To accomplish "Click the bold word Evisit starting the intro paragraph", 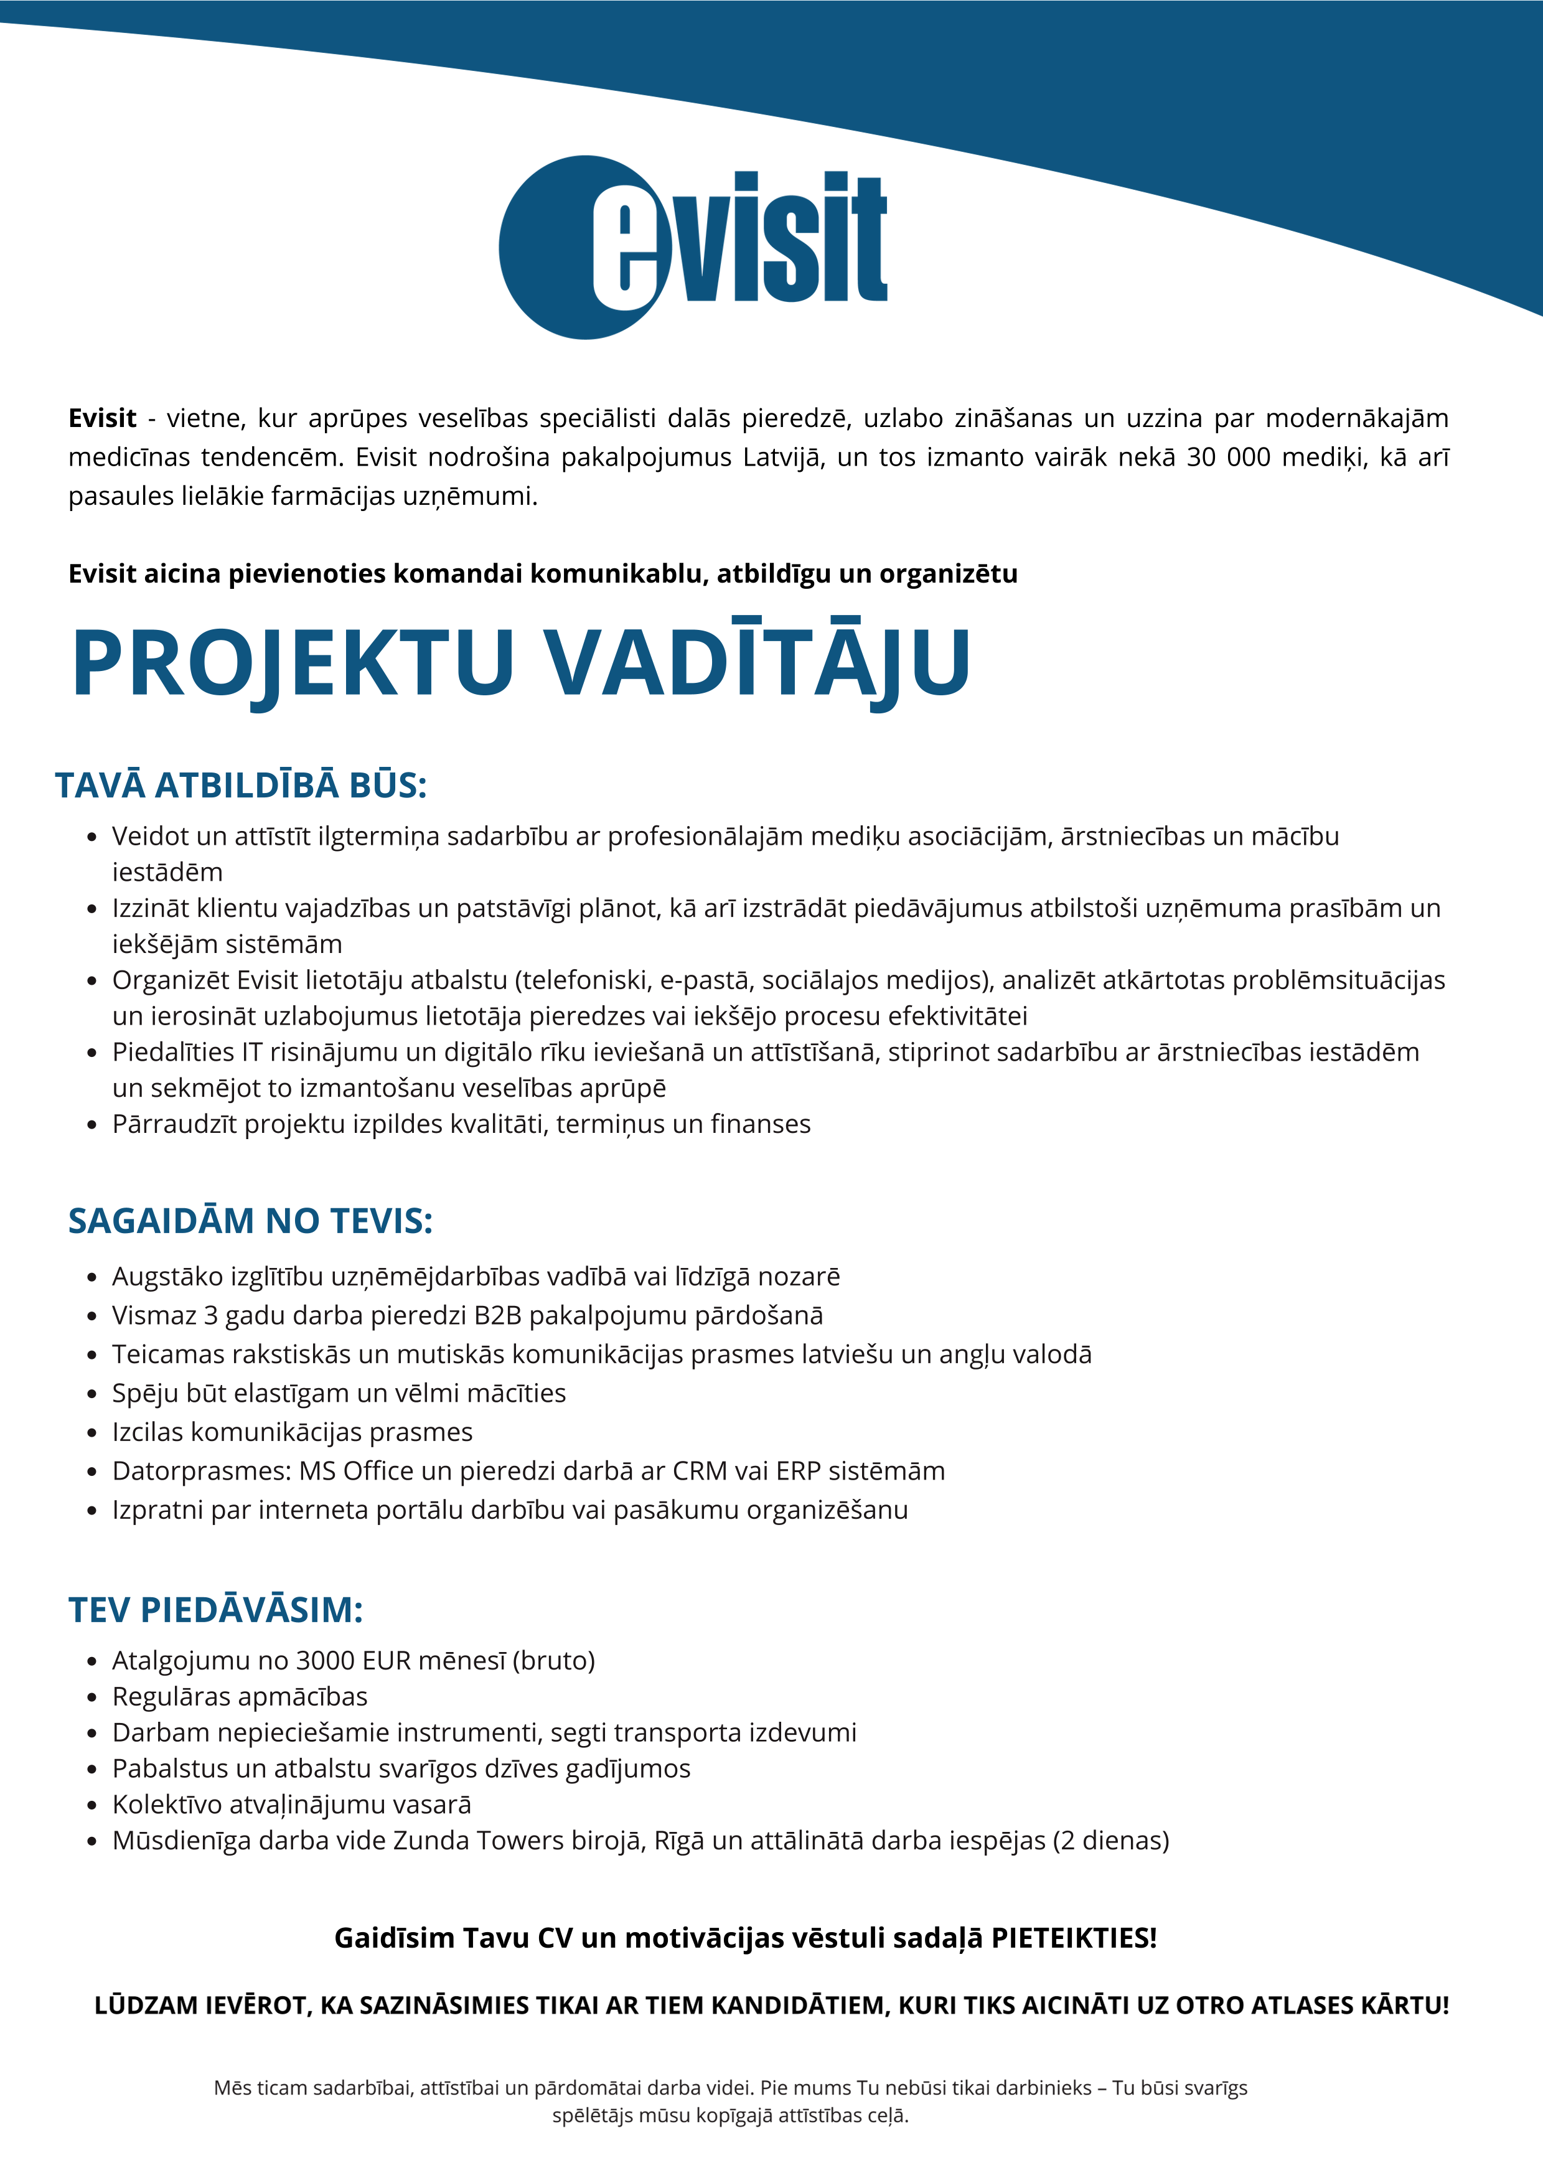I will point(101,418).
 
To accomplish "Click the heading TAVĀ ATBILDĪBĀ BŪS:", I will point(240,786).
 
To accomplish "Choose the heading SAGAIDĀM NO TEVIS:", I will point(250,1221).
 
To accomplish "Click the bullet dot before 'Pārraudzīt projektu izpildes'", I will point(92,1125).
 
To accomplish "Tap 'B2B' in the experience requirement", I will point(497,1316).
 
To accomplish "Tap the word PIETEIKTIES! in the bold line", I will point(1073,1938).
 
